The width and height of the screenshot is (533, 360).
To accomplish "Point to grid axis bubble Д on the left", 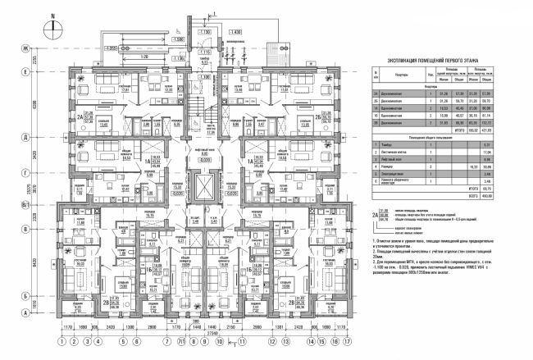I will click(27, 137).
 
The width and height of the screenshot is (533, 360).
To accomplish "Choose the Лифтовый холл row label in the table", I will click(394, 158).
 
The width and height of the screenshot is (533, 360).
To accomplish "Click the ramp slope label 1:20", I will click(147, 57).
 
